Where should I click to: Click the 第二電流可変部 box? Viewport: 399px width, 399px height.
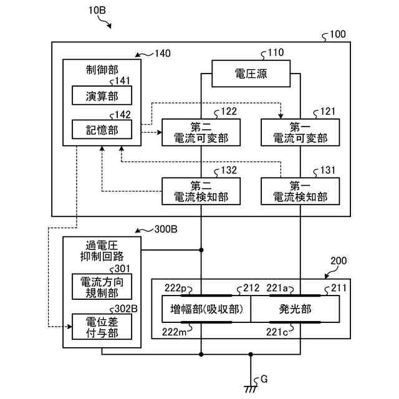click(x=201, y=132)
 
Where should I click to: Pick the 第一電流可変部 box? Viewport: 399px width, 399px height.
click(x=300, y=132)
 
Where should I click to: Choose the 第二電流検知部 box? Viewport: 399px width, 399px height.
click(x=201, y=191)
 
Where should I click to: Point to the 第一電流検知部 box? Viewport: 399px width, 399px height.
click(x=300, y=191)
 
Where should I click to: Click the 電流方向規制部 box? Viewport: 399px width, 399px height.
click(x=102, y=286)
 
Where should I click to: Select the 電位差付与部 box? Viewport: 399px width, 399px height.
click(x=102, y=327)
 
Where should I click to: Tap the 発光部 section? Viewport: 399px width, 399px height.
click(x=296, y=309)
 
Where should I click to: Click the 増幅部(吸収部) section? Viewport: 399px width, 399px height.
click(x=206, y=309)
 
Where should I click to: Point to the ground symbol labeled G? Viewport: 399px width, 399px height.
click(x=251, y=388)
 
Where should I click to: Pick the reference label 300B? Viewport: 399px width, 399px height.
click(x=165, y=229)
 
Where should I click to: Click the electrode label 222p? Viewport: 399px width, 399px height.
click(x=175, y=288)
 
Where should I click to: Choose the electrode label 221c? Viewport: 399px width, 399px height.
click(x=277, y=331)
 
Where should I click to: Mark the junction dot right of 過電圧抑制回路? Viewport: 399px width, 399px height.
click(x=201, y=251)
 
